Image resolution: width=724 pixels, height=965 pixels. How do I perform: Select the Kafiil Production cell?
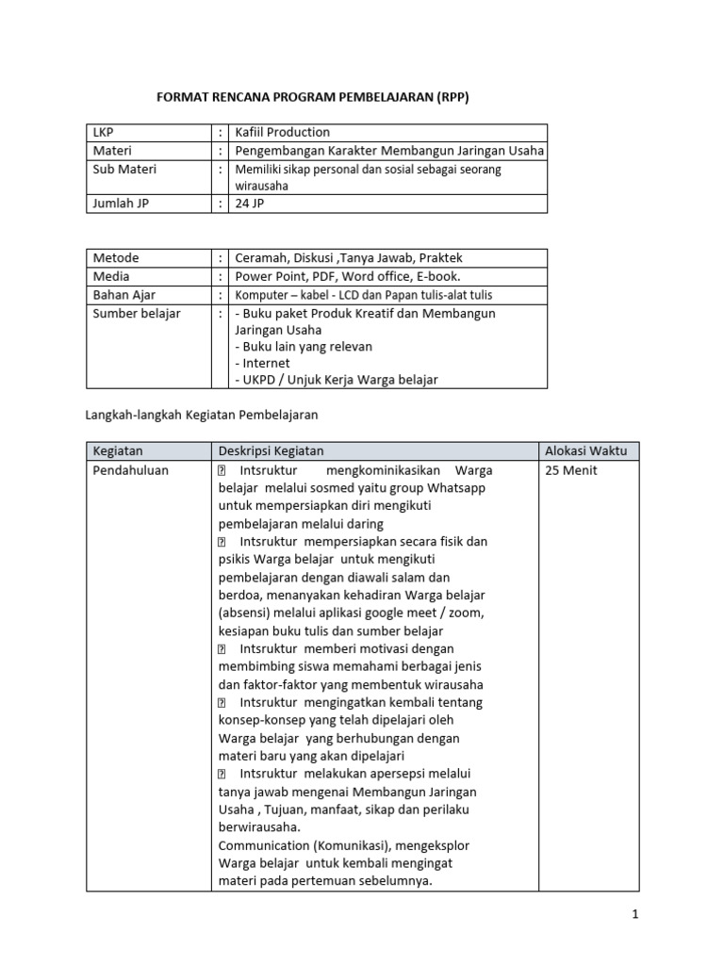[x=283, y=133]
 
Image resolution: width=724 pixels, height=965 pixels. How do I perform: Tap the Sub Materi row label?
[x=124, y=170]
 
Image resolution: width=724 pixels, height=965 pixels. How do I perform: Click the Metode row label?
[x=116, y=258]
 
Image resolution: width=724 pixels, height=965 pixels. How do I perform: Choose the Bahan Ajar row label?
[x=123, y=295]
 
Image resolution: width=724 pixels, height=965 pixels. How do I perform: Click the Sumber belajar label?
[x=137, y=314]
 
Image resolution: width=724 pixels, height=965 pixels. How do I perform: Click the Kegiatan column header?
[x=118, y=451]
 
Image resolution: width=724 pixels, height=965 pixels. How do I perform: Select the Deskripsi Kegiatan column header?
[x=271, y=451]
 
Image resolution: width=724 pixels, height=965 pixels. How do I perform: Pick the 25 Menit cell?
[x=571, y=470]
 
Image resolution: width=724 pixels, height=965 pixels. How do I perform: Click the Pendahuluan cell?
[x=130, y=470]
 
